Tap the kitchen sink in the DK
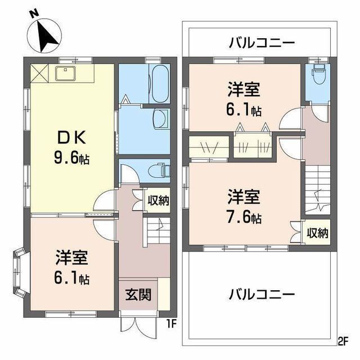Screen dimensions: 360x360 tap(66, 74)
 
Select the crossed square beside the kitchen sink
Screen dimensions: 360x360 tap(40, 73)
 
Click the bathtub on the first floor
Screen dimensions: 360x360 tap(159, 84)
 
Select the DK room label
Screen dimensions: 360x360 tap(71, 137)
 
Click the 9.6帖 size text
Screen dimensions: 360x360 tap(71, 158)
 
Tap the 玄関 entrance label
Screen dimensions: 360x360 tap(138, 294)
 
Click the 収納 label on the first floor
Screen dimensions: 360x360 tap(159, 200)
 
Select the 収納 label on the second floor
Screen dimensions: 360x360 tap(318, 233)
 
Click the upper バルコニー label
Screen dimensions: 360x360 tap(262, 43)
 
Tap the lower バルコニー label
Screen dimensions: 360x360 tap(262, 294)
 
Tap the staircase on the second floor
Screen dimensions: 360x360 tap(317, 190)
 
